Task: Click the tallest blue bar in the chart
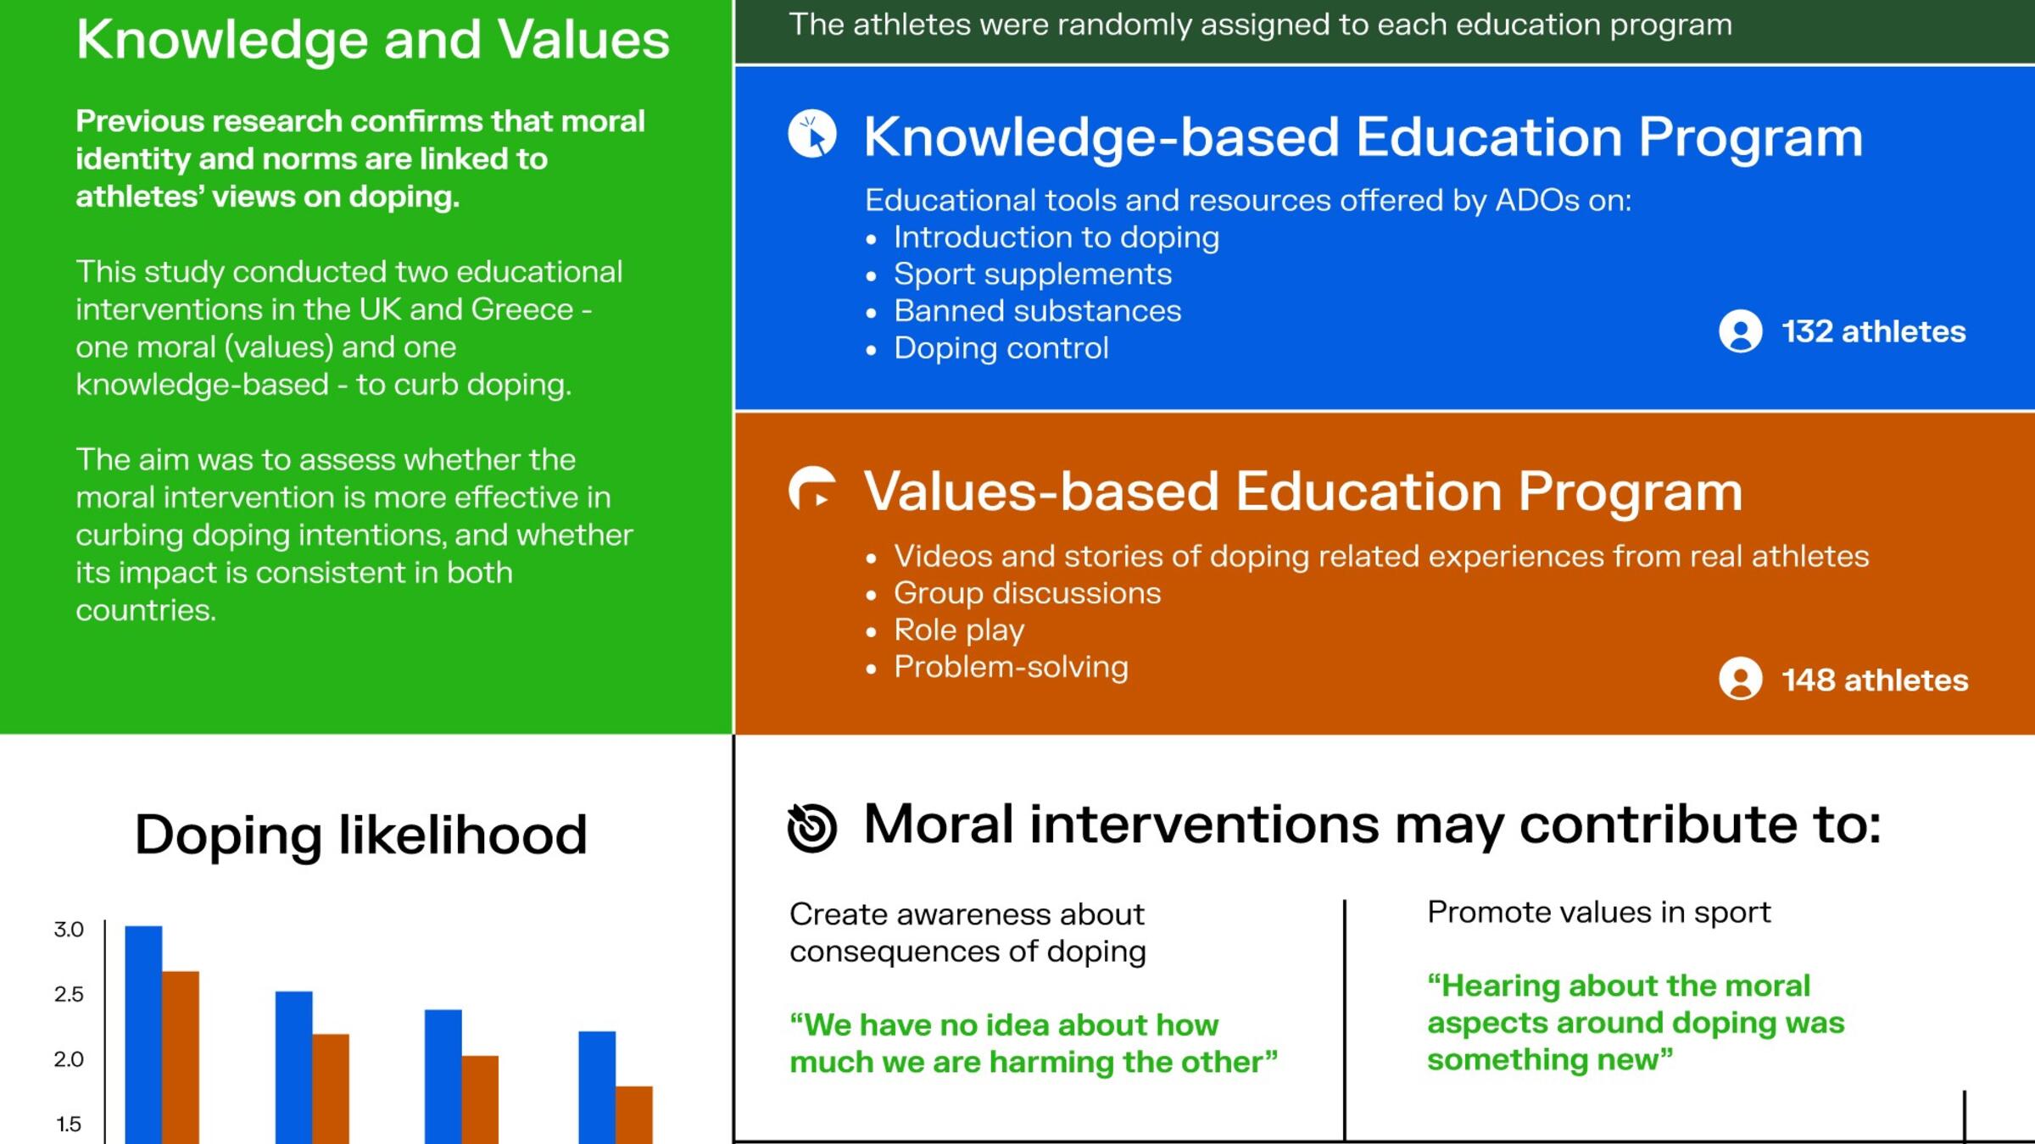point(143,1035)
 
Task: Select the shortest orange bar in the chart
point(634,1115)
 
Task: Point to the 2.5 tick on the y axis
point(69,994)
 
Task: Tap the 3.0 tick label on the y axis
point(69,930)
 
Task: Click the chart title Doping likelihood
point(360,835)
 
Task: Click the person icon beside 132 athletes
point(1741,330)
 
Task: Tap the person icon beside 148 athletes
point(1741,679)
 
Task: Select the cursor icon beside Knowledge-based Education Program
point(812,134)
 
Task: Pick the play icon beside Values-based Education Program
point(812,489)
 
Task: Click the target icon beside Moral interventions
point(812,827)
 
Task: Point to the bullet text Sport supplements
point(1033,275)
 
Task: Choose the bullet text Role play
point(959,630)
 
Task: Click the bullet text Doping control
point(1001,348)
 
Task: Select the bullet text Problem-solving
point(1012,668)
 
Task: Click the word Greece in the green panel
point(522,309)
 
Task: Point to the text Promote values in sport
point(1599,913)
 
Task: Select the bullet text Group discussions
point(1028,593)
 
